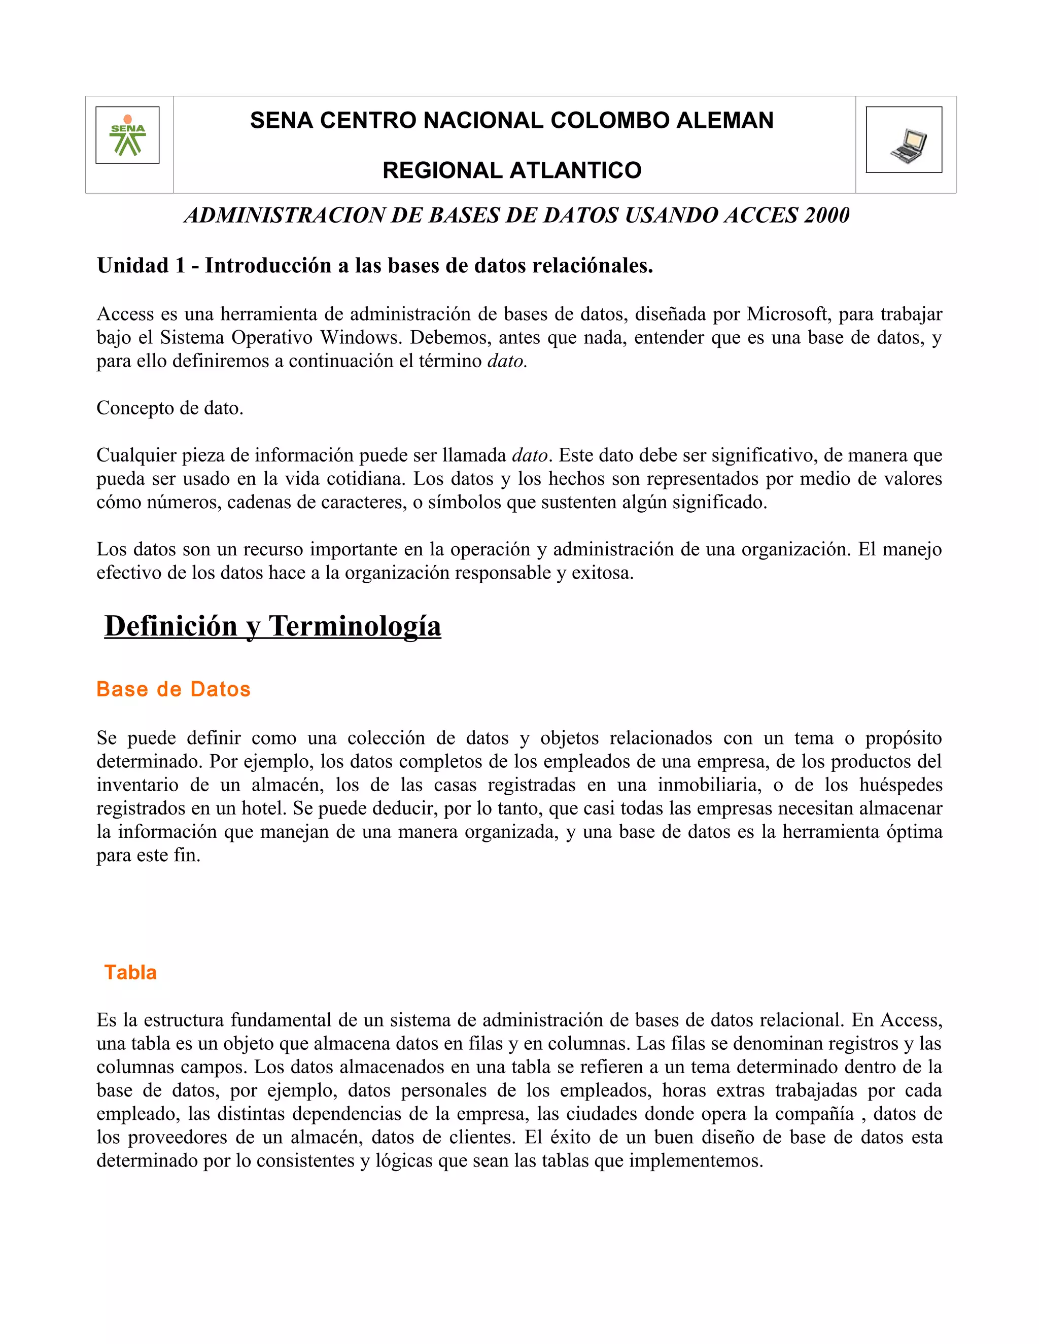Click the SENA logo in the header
tap(127, 135)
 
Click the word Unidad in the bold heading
tap(132, 266)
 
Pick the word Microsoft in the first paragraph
tap(787, 314)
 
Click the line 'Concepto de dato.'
tap(170, 408)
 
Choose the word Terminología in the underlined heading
tap(355, 626)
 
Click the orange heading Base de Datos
tap(174, 689)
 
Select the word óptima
tap(913, 832)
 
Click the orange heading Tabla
tap(130, 972)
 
